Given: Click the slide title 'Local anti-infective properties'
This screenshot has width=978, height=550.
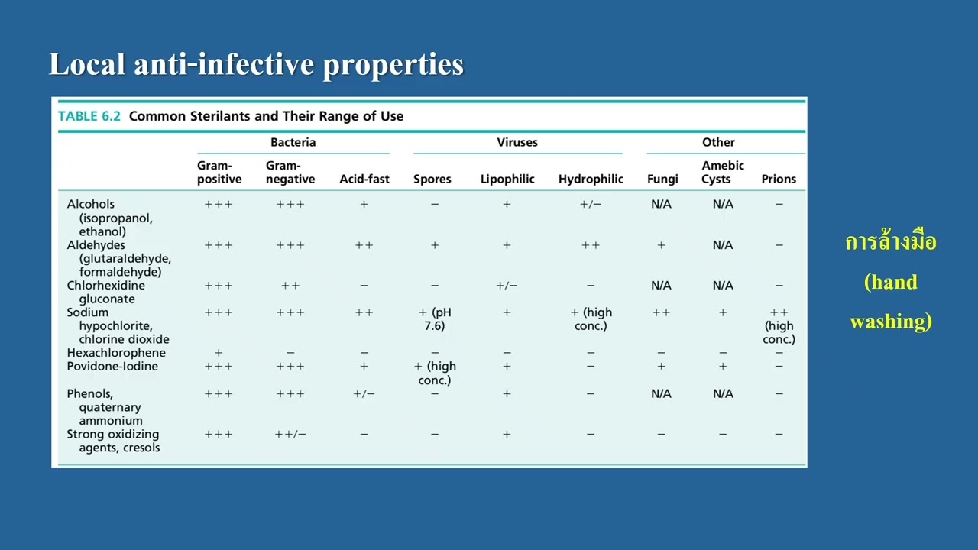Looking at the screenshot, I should [x=256, y=65].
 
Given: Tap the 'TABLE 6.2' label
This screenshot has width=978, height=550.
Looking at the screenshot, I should [x=89, y=116].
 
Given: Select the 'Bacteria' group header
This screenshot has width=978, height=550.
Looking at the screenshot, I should [x=293, y=142].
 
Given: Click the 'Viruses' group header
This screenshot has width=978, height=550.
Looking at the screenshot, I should [x=517, y=142].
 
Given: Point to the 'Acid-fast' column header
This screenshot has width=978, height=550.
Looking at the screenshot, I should [x=364, y=179].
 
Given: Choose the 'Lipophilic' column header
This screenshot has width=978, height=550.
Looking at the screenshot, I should [x=507, y=179].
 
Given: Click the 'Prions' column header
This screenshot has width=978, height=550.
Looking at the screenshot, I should [x=779, y=179].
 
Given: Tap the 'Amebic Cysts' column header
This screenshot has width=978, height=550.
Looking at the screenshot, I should [x=722, y=172].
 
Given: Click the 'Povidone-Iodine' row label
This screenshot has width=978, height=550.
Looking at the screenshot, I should [x=112, y=366].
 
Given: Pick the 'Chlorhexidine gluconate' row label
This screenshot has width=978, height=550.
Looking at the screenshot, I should [x=105, y=292].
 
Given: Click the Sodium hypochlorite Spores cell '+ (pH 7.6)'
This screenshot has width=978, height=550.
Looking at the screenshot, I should [x=435, y=319].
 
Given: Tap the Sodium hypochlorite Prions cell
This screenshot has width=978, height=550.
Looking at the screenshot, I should [x=779, y=325].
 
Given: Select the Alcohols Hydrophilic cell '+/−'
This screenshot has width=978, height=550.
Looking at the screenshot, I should [x=591, y=204].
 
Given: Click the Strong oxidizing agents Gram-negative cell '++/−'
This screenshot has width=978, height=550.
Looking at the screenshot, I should [x=290, y=434].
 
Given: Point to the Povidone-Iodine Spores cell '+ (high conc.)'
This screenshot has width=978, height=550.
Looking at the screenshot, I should [x=436, y=373].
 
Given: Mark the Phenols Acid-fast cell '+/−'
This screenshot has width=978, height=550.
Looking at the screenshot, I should [x=364, y=393].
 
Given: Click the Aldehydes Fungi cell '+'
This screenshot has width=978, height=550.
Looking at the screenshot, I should [x=661, y=245].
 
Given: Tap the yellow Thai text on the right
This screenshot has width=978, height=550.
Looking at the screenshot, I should [x=890, y=243].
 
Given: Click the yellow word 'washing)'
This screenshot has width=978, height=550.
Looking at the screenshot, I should [x=890, y=322].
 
